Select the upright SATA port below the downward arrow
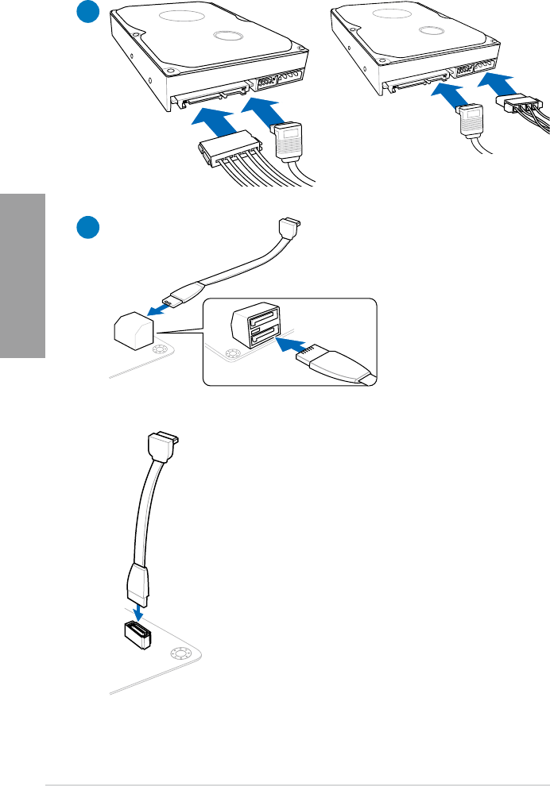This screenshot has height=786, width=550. tap(135, 635)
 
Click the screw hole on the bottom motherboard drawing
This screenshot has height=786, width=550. tap(179, 653)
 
